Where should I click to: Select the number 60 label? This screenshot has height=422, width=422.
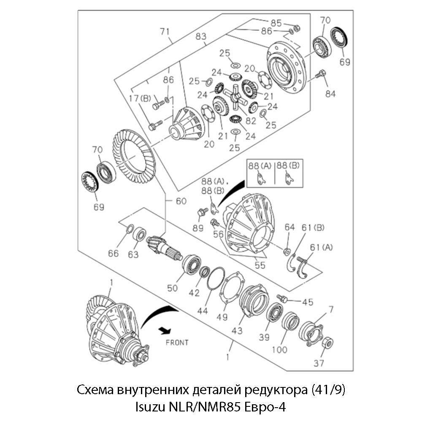(181, 201)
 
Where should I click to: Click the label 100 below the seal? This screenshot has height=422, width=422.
(279, 349)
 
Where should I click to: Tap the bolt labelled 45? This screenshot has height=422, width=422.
(282, 299)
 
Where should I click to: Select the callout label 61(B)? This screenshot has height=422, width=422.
(313, 228)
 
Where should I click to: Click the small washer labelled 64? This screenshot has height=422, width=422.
(287, 252)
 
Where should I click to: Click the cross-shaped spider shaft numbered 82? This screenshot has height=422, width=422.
(235, 97)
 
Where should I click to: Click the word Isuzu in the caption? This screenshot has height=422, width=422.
(150, 408)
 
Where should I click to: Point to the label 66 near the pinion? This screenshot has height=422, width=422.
(113, 253)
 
